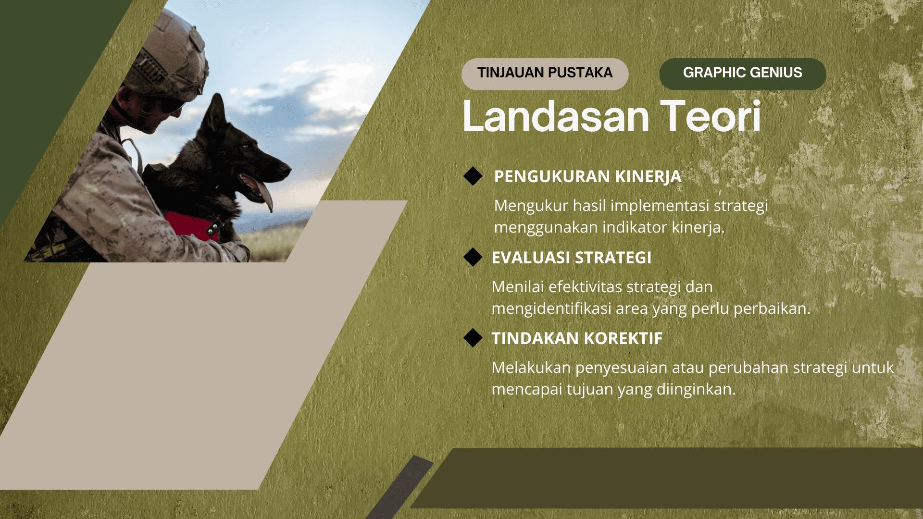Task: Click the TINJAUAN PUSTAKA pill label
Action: [x=545, y=74]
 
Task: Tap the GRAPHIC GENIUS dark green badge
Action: [x=742, y=74]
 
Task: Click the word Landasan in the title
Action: [x=555, y=117]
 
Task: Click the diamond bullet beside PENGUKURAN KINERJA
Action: [x=473, y=176]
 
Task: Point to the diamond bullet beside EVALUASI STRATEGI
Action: [x=473, y=257]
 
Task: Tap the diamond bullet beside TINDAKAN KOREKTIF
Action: [x=473, y=338]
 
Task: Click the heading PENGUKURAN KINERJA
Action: [x=587, y=177]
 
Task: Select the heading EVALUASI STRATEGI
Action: [x=571, y=258]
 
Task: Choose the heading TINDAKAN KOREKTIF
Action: [x=577, y=339]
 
